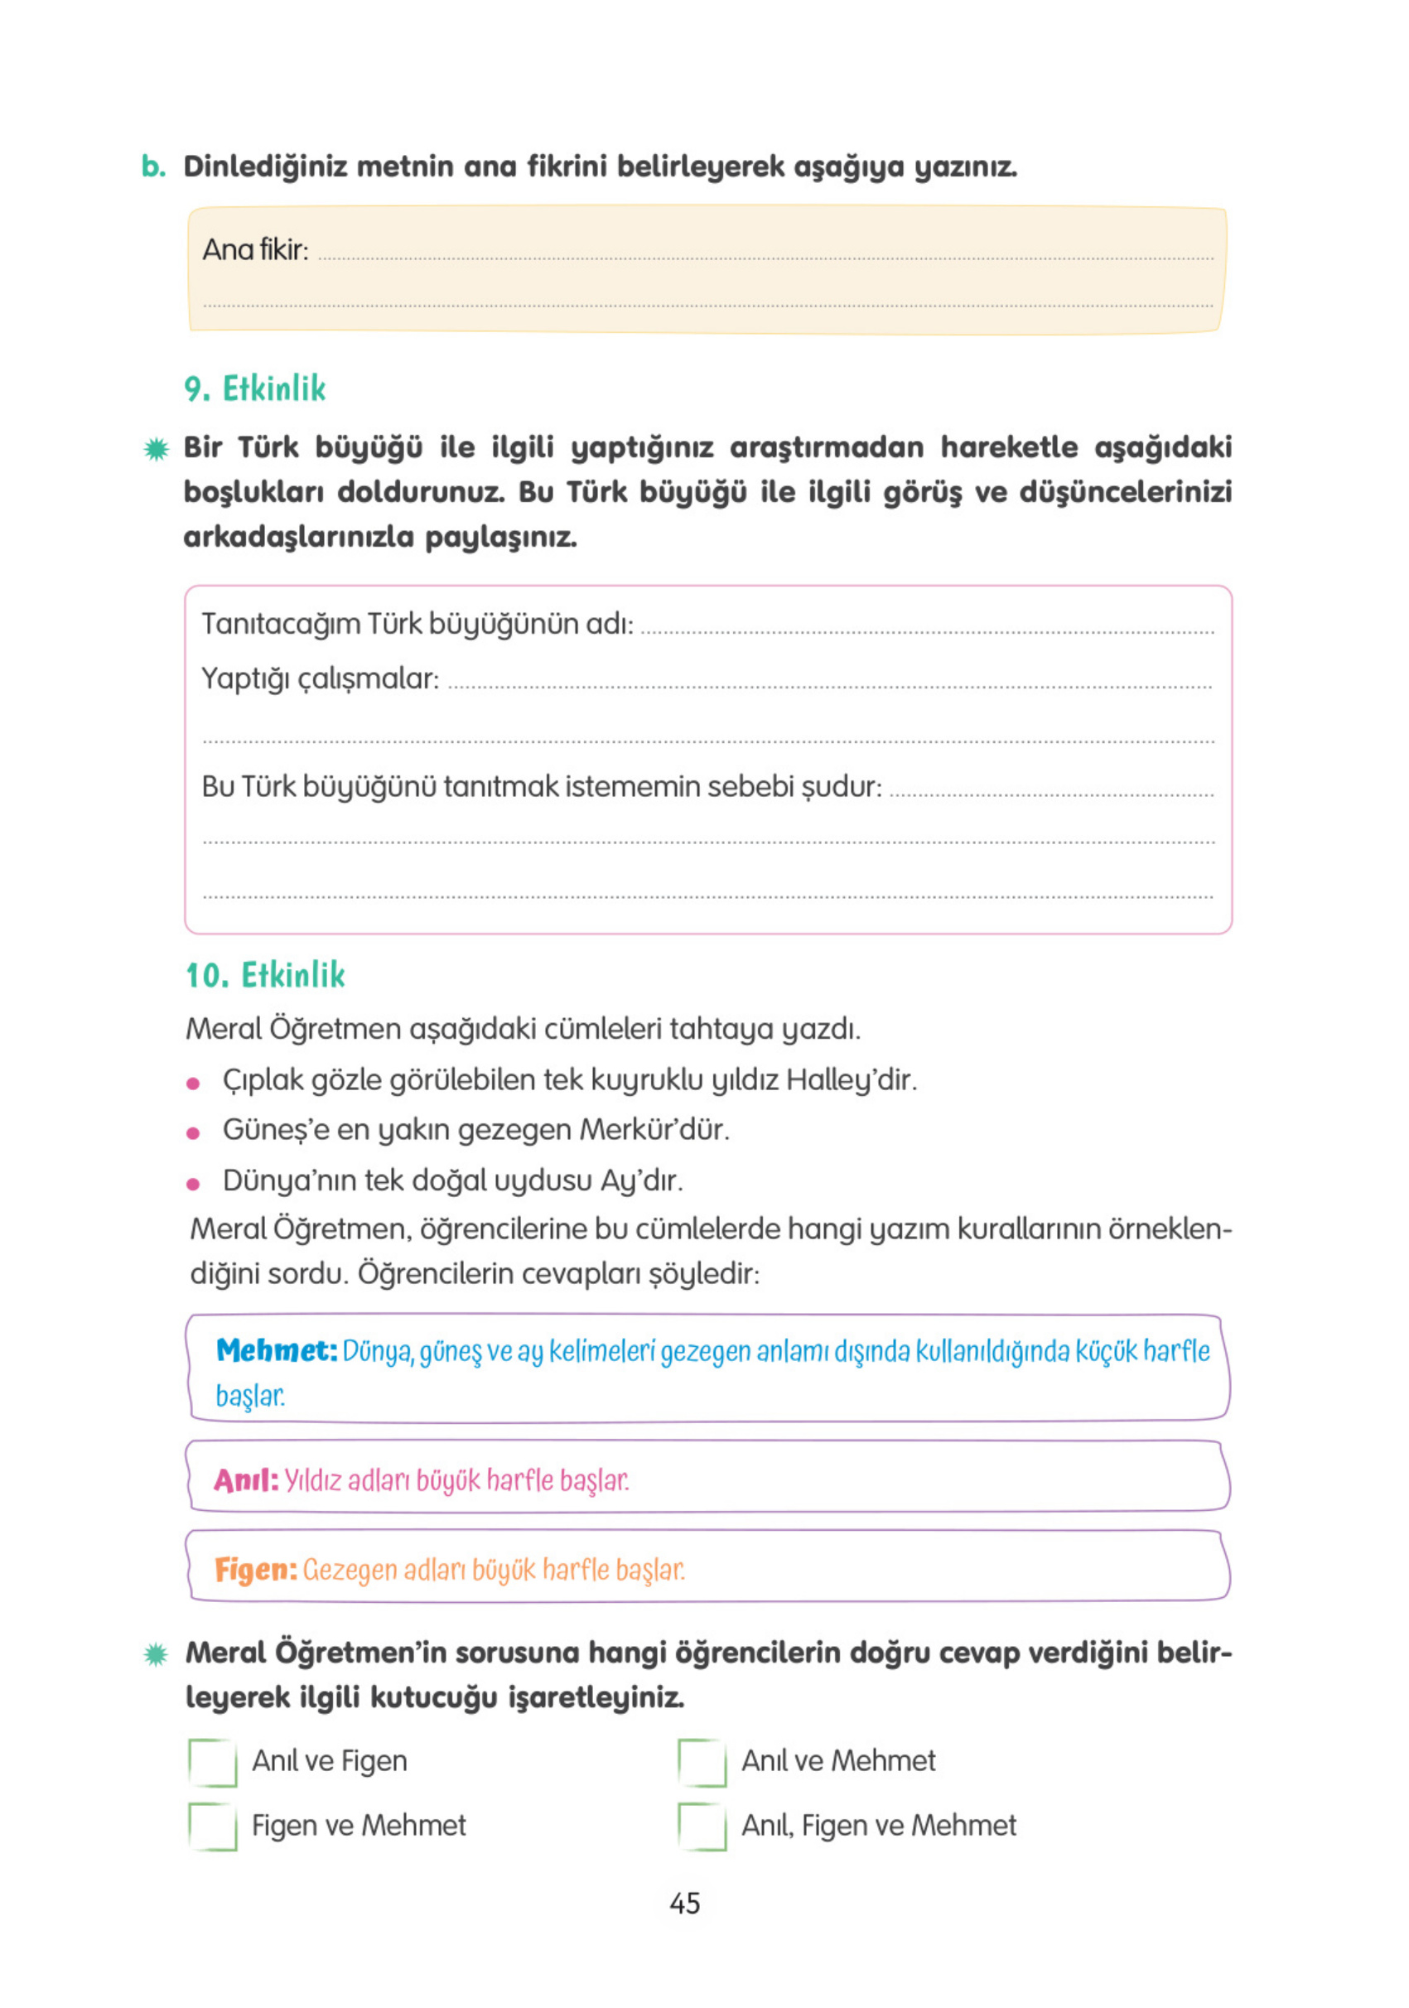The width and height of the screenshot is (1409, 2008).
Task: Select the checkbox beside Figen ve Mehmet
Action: (213, 1827)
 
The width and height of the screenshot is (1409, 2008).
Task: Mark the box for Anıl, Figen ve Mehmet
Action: (702, 1827)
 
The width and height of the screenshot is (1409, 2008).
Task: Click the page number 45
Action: (685, 1904)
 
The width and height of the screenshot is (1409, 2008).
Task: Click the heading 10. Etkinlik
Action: (265, 975)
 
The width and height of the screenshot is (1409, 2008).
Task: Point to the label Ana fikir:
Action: (255, 250)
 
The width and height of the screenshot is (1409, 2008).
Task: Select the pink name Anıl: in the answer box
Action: (246, 1480)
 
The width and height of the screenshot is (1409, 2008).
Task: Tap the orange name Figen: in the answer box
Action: (255, 1570)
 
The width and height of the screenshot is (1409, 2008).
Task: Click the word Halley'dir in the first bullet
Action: (850, 1080)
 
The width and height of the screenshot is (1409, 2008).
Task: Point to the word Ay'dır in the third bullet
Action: (640, 1180)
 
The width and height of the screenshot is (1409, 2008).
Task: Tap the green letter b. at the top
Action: (154, 167)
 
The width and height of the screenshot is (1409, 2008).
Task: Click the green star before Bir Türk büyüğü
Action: (157, 450)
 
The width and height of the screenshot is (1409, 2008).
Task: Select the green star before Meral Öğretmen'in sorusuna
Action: (156, 1654)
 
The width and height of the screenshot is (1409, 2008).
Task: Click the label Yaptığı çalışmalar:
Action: (320, 678)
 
